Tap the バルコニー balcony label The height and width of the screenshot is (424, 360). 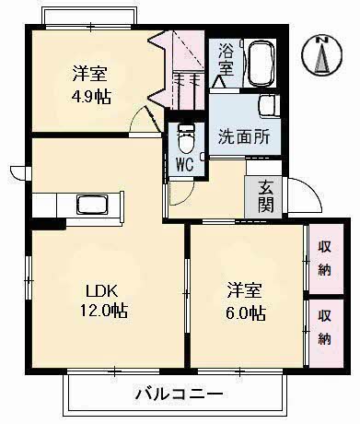tap(178, 395)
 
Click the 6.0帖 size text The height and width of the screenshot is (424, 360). tap(247, 313)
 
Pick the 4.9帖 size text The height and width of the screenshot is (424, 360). tap(91, 96)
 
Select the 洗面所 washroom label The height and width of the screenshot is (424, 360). tap(243, 140)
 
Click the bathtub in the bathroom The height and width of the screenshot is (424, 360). tap(262, 62)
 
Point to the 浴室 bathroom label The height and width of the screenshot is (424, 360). tap(226, 62)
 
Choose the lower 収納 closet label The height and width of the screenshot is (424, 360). tap(325, 327)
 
